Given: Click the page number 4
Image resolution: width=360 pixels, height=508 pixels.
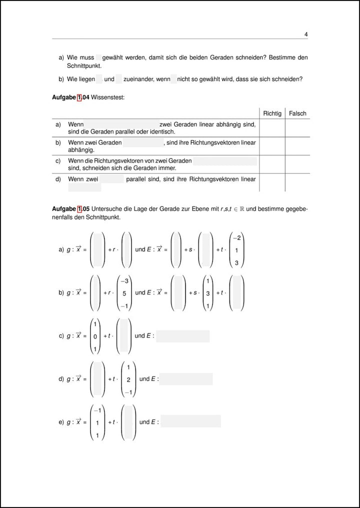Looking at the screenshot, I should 305,34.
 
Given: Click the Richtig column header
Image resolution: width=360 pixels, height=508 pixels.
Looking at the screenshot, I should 272,113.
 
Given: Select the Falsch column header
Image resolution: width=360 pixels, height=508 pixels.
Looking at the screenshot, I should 297,113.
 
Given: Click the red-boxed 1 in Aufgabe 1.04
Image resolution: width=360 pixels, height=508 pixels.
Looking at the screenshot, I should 79,97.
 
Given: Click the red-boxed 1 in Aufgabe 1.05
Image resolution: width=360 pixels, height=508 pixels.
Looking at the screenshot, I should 79,208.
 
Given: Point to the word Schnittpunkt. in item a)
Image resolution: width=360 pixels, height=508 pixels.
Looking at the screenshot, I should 84,65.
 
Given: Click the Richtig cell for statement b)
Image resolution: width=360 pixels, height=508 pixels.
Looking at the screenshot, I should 272,146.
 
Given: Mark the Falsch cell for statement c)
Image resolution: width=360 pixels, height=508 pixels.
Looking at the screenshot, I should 297,164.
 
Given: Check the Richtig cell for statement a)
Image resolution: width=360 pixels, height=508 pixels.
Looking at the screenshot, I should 272,128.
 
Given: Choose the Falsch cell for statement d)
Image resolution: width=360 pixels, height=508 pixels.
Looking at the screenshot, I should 297,182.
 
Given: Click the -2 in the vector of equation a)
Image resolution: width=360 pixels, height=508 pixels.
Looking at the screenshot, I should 237,238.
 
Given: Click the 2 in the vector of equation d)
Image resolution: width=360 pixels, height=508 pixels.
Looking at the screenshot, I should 128,380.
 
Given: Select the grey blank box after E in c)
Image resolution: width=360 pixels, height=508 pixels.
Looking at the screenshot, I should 182,336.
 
